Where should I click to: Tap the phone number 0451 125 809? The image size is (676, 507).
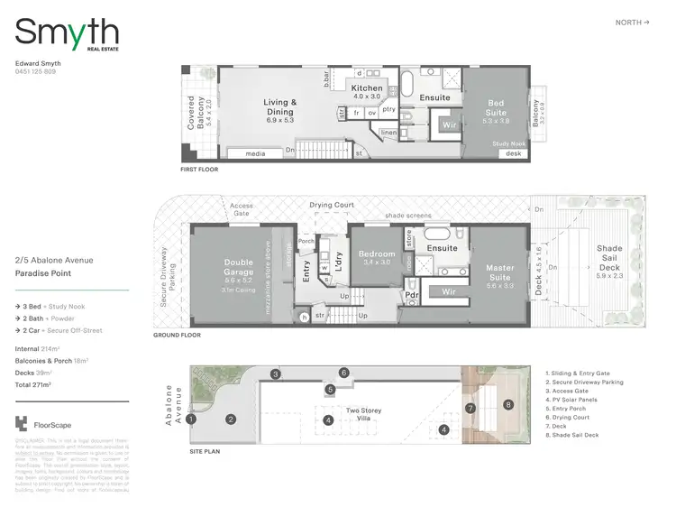[x=36, y=71]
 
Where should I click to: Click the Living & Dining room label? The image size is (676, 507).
[x=279, y=107]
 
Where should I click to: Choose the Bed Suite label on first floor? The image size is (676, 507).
[x=497, y=108]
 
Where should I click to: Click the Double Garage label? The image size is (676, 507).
[x=239, y=268]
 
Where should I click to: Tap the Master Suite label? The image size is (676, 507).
[x=500, y=272]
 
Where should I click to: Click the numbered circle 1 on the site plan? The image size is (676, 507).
[x=191, y=419]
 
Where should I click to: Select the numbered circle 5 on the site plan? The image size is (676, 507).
[x=331, y=390]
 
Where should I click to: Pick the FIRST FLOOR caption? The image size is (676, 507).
[x=200, y=170]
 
